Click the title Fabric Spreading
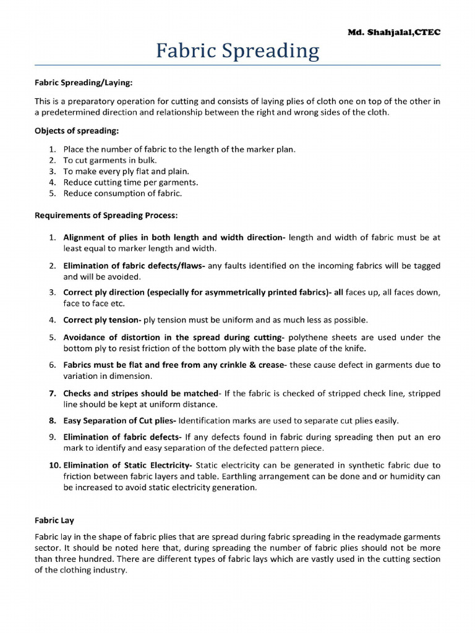[x=237, y=51]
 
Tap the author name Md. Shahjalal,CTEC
[x=394, y=32]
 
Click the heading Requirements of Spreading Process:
[x=106, y=215]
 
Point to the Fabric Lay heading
[x=54, y=520]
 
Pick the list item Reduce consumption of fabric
[x=122, y=193]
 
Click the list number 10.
[x=54, y=465]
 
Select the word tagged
[x=426, y=266]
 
